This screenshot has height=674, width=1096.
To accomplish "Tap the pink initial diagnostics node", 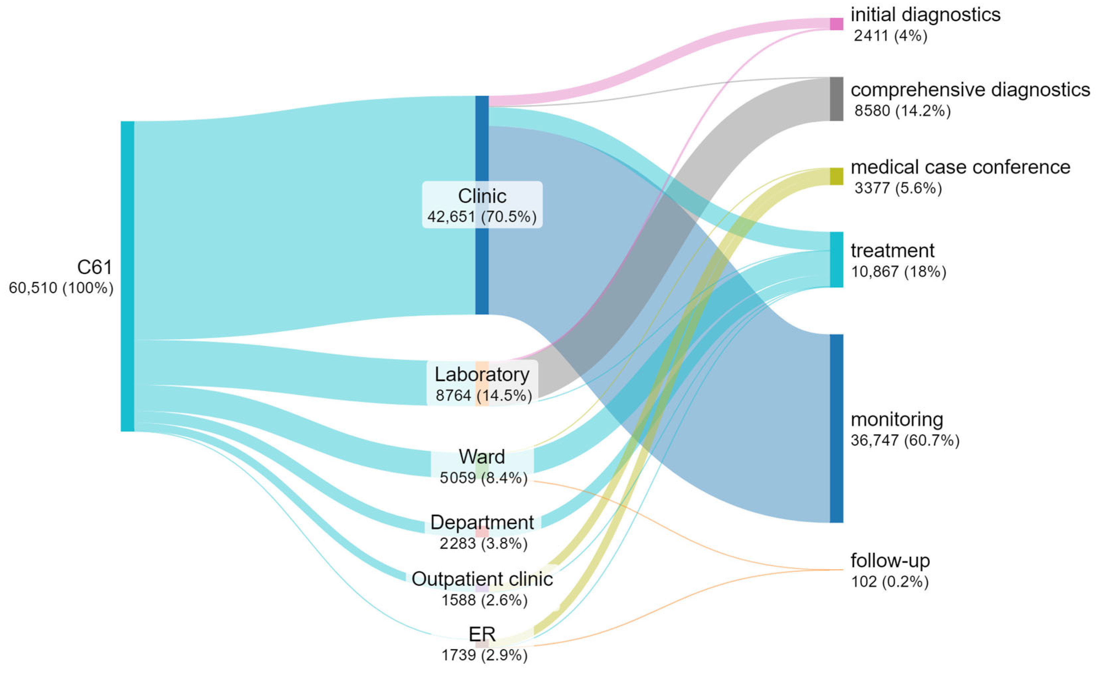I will click(836, 24).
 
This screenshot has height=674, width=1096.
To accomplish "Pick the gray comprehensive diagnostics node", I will click(836, 99).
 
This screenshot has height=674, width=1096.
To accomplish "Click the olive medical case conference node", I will click(836, 176).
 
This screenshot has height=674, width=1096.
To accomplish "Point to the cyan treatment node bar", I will click(836, 259).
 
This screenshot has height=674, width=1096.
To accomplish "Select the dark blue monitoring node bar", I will click(836, 428).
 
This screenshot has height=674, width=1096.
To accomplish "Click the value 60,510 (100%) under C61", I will click(61, 288).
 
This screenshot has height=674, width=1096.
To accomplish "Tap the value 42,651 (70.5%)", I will click(482, 217).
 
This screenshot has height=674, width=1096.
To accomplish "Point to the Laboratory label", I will click(482, 374).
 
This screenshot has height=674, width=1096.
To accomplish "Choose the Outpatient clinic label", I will click(482, 579).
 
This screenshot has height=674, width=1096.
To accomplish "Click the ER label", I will click(482, 634).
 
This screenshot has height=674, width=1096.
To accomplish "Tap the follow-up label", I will click(890, 561).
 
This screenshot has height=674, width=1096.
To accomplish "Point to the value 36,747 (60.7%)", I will click(905, 440).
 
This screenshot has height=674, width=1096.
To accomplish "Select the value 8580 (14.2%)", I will click(902, 111).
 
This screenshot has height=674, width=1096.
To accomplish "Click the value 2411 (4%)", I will click(890, 36).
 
